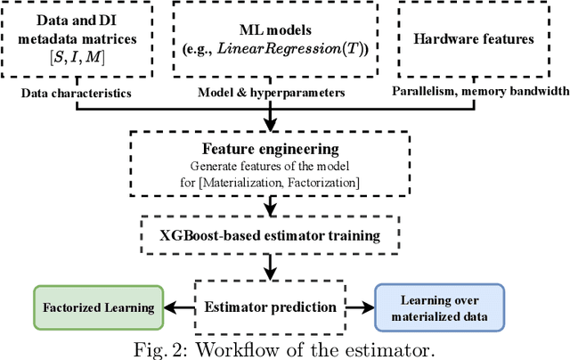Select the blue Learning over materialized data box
[x=439, y=307]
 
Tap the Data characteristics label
[x=77, y=93]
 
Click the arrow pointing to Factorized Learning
[x=177, y=307]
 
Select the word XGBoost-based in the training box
[x=210, y=236]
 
